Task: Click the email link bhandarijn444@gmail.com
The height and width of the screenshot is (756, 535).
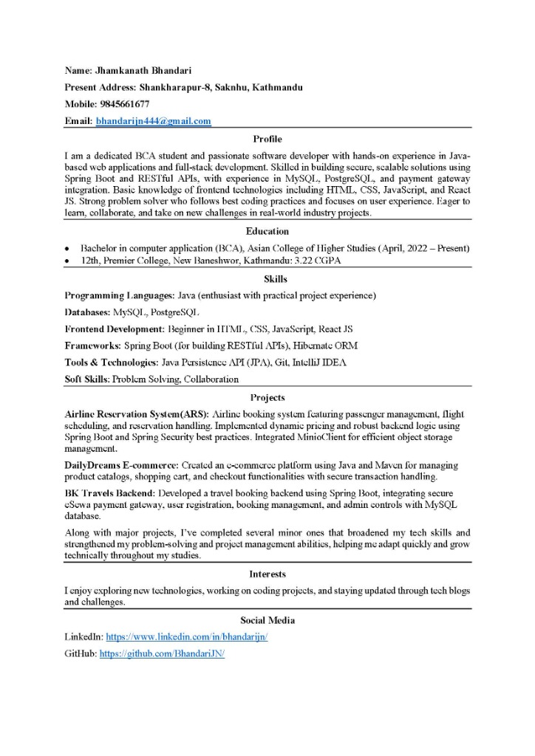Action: [x=153, y=121]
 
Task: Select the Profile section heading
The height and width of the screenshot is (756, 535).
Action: [x=267, y=139]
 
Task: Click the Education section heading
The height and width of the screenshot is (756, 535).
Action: [x=267, y=231]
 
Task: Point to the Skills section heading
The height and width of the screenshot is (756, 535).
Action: [x=267, y=279]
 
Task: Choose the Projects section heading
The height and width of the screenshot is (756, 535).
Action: [x=267, y=398]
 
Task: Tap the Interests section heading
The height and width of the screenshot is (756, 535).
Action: [x=267, y=574]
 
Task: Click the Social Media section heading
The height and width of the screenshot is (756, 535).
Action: [x=267, y=620]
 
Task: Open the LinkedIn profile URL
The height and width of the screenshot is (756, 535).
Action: [x=186, y=636]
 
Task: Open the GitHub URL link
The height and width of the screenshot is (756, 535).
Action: [x=162, y=654]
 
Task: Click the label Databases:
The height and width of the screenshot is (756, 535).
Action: [x=87, y=312]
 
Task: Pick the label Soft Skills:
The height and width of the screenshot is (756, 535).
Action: [x=86, y=379]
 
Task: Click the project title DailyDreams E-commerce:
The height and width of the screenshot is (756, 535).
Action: [x=121, y=465]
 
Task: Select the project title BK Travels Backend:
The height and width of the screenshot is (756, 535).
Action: [x=109, y=492]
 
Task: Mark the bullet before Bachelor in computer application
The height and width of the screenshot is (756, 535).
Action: [x=68, y=248]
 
